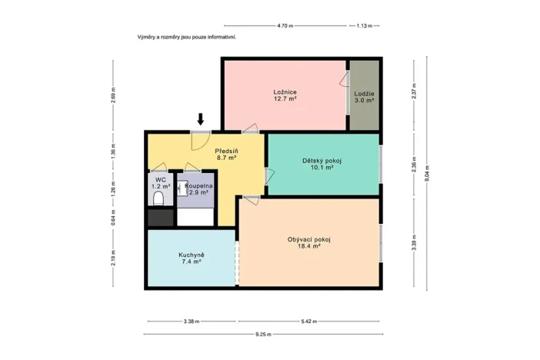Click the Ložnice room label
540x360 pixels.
point(285,95)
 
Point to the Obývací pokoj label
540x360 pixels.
point(308,242)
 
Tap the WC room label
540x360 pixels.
point(160,184)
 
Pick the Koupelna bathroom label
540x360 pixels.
point(198,189)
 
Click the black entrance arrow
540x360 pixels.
point(201,119)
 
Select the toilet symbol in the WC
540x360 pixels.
point(159,198)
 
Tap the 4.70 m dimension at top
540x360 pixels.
point(285,25)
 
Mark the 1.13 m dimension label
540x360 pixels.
point(364,25)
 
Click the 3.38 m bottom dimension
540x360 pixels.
point(191,322)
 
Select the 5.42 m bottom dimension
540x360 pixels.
point(308,322)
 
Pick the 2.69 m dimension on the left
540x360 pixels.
point(113,96)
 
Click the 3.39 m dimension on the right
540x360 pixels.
point(414,243)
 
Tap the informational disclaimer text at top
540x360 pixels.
point(186,36)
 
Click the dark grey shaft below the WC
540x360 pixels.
point(160,218)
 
